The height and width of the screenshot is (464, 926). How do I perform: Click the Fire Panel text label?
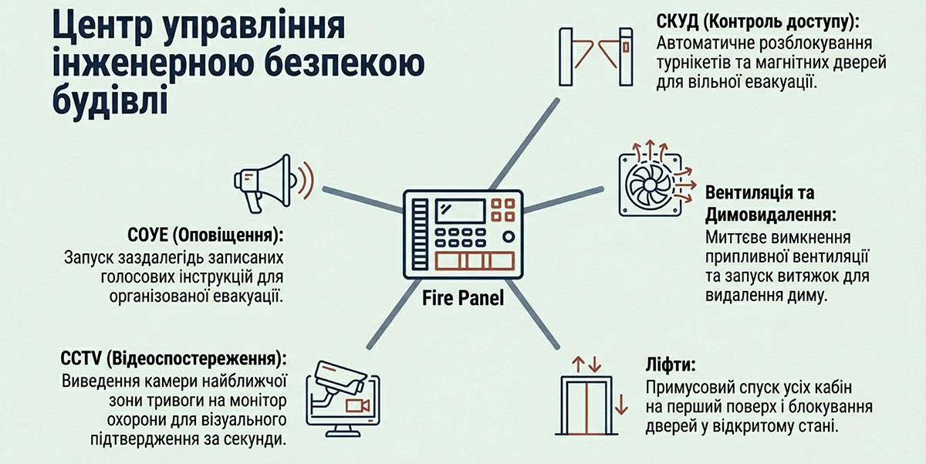click(x=463, y=297)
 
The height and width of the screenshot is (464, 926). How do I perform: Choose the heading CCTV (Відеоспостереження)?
click(x=173, y=359)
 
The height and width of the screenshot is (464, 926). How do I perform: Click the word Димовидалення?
click(x=772, y=213)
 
